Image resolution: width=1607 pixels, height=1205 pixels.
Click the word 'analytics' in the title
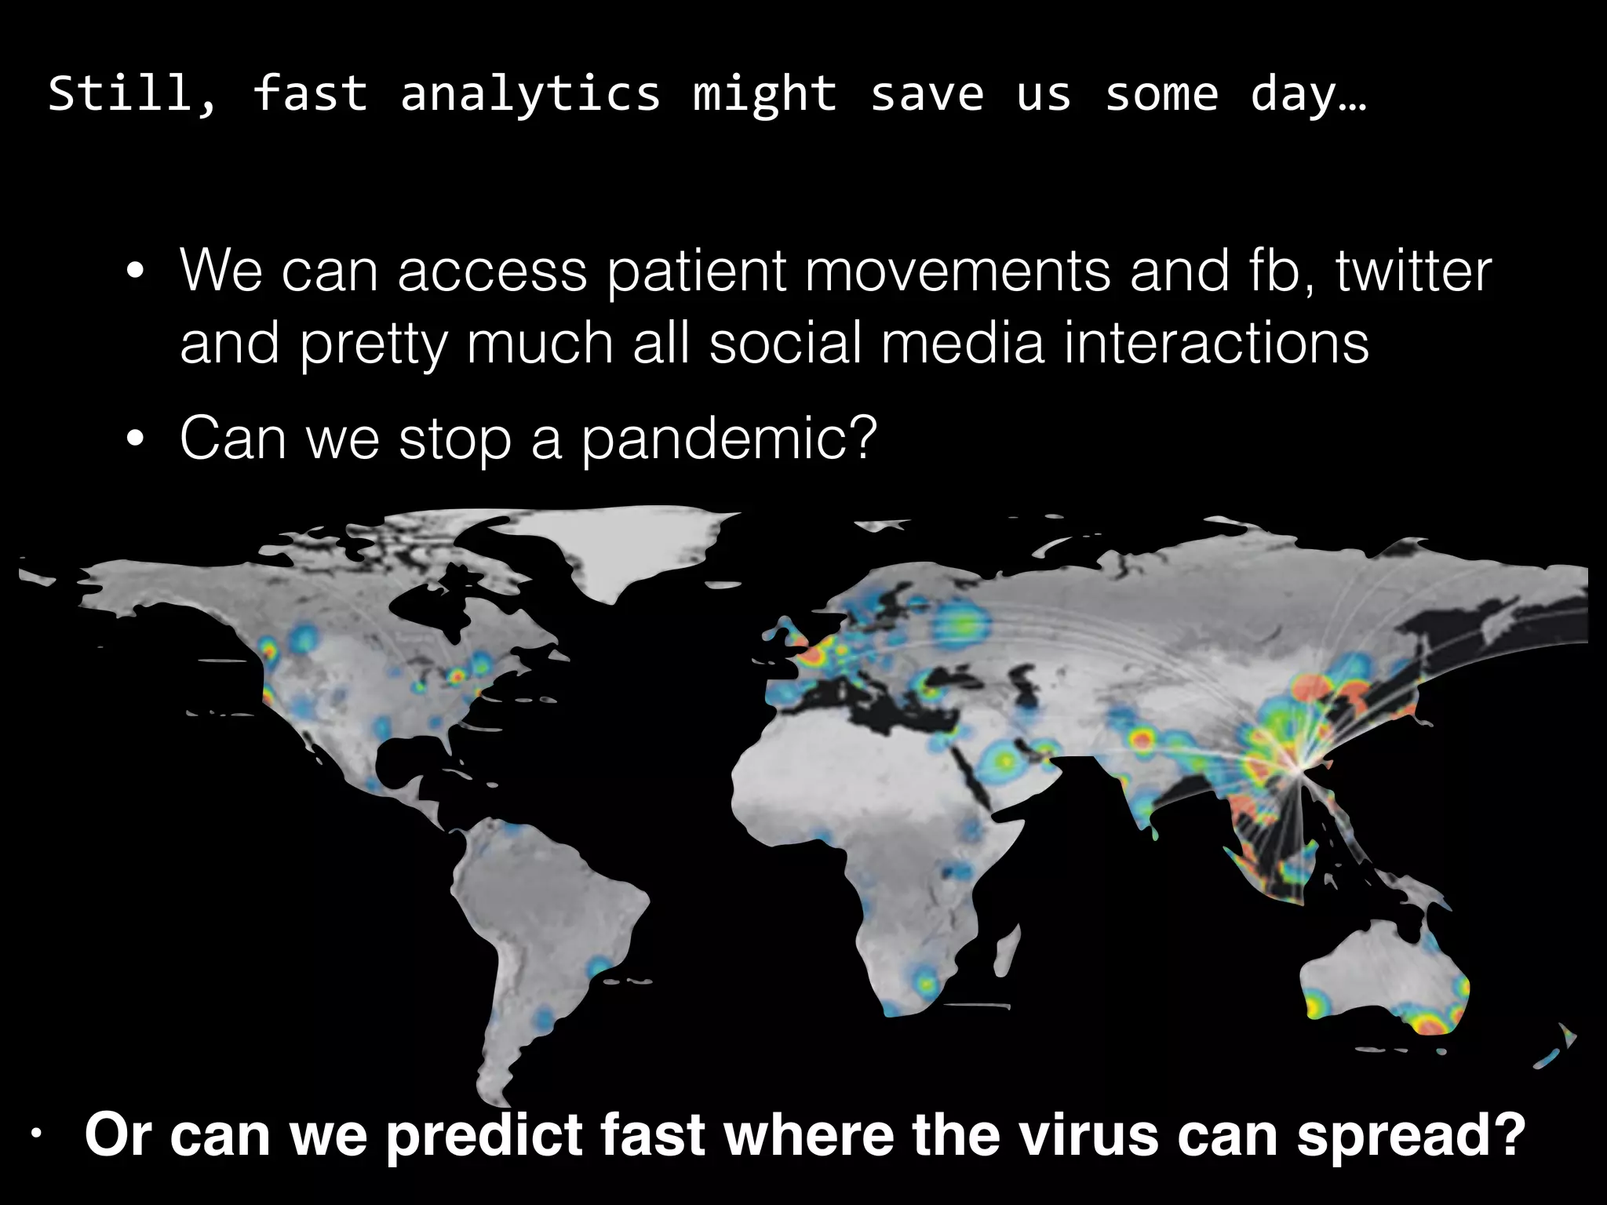click(530, 95)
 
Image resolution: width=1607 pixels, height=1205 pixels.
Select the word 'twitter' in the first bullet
click(1413, 271)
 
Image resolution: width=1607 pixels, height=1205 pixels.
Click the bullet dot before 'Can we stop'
click(135, 439)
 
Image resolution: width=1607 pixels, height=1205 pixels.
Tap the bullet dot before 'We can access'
click(135, 271)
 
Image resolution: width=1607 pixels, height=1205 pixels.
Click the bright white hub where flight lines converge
click(1299, 766)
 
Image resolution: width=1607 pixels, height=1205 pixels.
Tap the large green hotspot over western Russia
click(959, 624)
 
